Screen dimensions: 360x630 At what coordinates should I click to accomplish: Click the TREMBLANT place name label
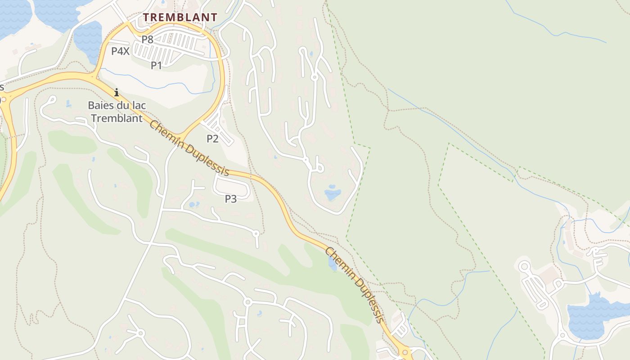[180, 18]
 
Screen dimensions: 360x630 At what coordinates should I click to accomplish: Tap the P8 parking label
[148, 40]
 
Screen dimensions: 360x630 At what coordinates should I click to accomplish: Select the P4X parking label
[120, 51]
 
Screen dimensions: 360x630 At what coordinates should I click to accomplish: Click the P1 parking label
[156, 66]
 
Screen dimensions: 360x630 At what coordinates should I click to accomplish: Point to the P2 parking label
[212, 139]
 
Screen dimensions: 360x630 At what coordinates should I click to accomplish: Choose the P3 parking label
[231, 198]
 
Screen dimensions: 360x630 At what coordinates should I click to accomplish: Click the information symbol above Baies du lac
[117, 93]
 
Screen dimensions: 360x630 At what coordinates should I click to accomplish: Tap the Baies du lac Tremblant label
[117, 112]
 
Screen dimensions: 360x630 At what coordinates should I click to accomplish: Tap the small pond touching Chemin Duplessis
[332, 264]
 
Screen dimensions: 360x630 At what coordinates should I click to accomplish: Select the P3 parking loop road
[232, 185]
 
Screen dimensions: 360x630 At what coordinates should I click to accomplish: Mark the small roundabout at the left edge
[4, 99]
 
